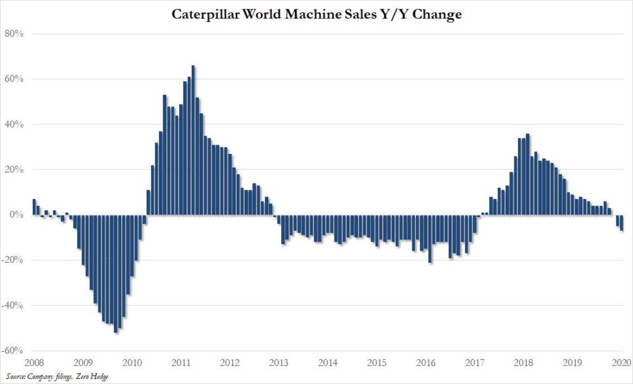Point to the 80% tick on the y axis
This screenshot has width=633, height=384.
(15, 34)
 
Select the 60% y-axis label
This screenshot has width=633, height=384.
(15, 79)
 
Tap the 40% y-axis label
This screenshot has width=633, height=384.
(15, 124)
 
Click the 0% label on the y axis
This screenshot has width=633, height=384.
(17, 215)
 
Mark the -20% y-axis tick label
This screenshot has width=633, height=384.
(14, 260)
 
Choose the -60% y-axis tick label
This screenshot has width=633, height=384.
(14, 351)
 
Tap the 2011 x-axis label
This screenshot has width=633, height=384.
(180, 363)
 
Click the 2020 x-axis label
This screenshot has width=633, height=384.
(621, 363)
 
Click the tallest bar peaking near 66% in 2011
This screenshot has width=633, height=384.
(193, 142)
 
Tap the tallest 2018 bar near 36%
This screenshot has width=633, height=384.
(527, 174)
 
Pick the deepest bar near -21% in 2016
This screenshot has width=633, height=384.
(430, 239)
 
